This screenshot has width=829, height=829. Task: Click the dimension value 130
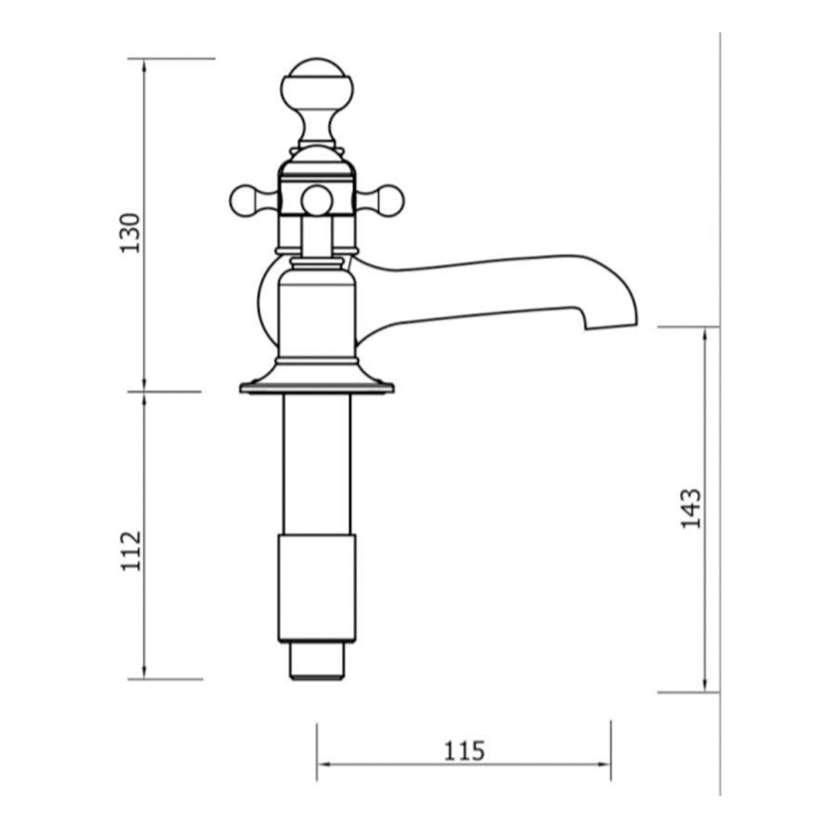pos(131,232)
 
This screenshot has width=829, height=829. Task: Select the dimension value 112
pos(131,551)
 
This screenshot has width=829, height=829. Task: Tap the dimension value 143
pos(691,509)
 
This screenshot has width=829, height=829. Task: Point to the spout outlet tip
pos(611,325)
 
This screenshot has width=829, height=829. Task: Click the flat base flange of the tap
pos(316,388)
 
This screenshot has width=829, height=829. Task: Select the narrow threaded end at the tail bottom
pos(316,663)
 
